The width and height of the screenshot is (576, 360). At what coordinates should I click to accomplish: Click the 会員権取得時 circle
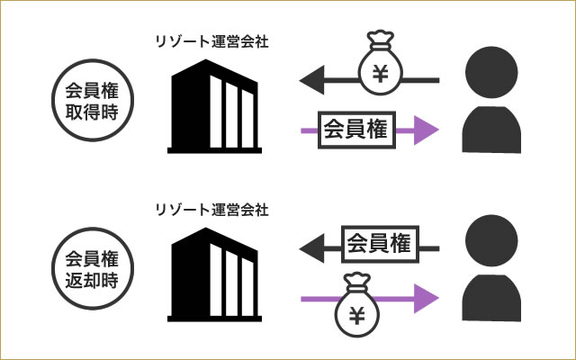click(94, 102)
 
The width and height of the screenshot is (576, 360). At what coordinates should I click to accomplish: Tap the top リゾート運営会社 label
click(211, 40)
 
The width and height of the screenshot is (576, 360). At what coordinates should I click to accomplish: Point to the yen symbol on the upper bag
click(382, 73)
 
